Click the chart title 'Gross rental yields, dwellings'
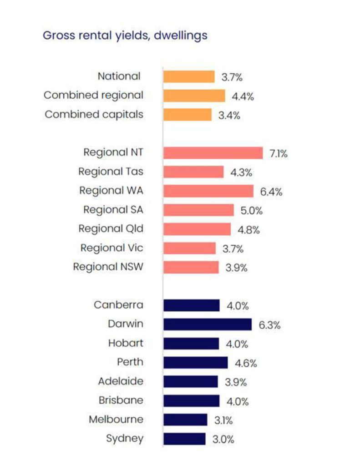pyautogui.click(x=125, y=35)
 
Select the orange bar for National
pyautogui.click(x=189, y=76)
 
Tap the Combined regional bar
pyautogui.click(x=194, y=96)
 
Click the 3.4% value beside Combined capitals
pyautogui.click(x=229, y=115)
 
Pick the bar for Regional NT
pyautogui.click(x=213, y=153)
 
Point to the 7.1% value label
pyautogui.click(x=279, y=154)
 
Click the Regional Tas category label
pyautogui.click(x=111, y=172)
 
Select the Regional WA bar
pyautogui.click(x=208, y=191)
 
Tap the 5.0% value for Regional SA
pyautogui.click(x=252, y=211)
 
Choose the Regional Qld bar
pyautogui.click(x=197, y=229)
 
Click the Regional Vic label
pyautogui.click(x=112, y=248)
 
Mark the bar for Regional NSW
pyautogui.click(x=191, y=267)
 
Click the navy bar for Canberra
pyautogui.click(x=192, y=305)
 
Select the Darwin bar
pyautogui.click(x=208, y=324)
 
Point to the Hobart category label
pyautogui.click(x=126, y=343)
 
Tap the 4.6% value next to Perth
pyautogui.click(x=246, y=363)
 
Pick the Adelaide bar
pyautogui.click(x=191, y=382)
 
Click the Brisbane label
pyautogui.click(x=121, y=400)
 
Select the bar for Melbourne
pyautogui.click(x=185, y=420)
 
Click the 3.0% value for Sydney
pyautogui.click(x=223, y=439)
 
